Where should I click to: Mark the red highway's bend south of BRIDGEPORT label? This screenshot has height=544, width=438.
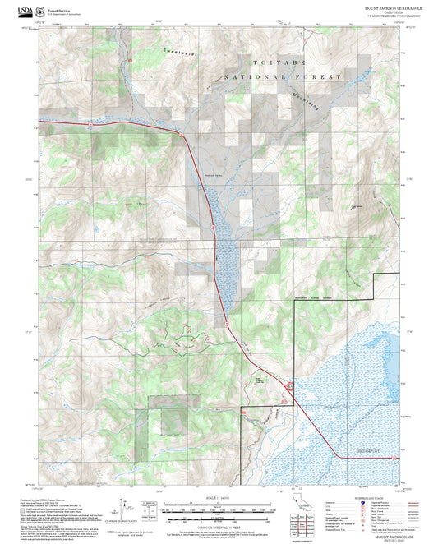pos(339,457)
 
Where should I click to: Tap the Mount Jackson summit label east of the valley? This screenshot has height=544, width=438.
pos(356,206)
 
